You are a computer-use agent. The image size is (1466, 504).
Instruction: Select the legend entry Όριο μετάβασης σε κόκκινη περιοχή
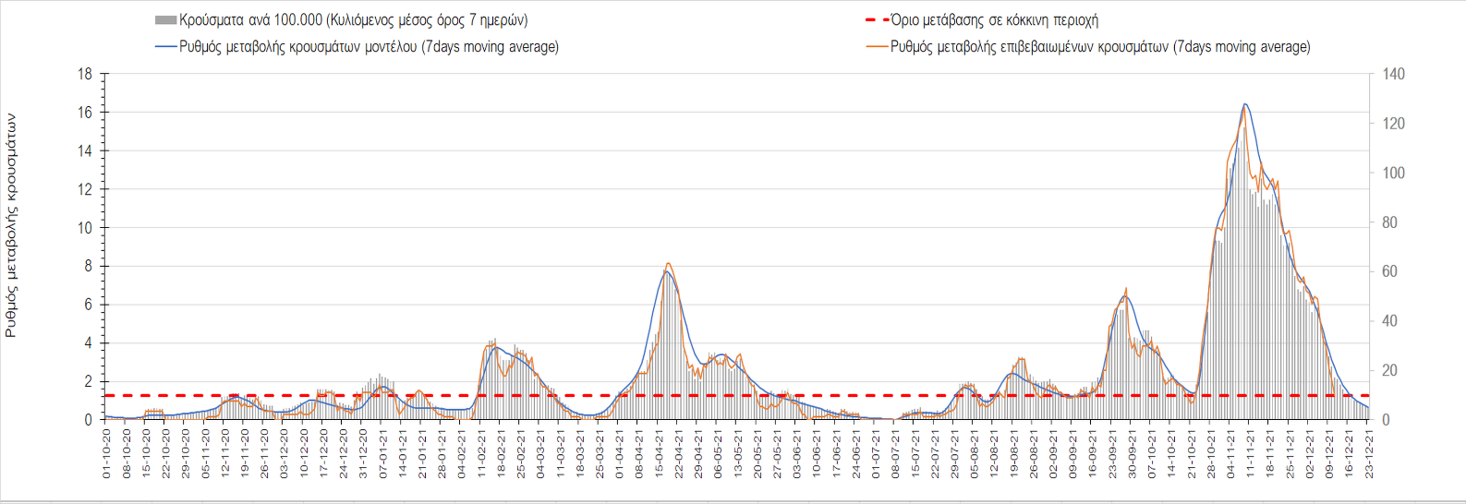(994, 20)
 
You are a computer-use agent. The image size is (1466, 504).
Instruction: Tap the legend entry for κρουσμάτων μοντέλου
(369, 47)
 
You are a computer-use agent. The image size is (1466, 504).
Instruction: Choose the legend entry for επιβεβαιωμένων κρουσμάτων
(1099, 47)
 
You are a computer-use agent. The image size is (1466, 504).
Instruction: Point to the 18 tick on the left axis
(85, 74)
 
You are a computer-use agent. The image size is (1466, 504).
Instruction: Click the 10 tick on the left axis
(85, 228)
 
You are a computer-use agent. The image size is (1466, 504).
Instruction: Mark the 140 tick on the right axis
(1393, 74)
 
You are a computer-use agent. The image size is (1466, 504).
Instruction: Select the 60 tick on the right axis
(1389, 271)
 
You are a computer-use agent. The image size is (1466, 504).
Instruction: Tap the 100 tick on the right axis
(1393, 173)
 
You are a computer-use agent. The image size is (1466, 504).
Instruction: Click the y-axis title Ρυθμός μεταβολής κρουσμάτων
(11, 225)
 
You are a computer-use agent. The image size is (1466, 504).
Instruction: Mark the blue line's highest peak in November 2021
(1245, 104)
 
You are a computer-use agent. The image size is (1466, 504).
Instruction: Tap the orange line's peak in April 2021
(668, 264)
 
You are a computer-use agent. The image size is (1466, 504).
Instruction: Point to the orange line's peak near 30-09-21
(1126, 288)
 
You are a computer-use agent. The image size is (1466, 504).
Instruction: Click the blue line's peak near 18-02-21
(496, 347)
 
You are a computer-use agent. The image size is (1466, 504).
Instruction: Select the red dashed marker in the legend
(877, 20)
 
